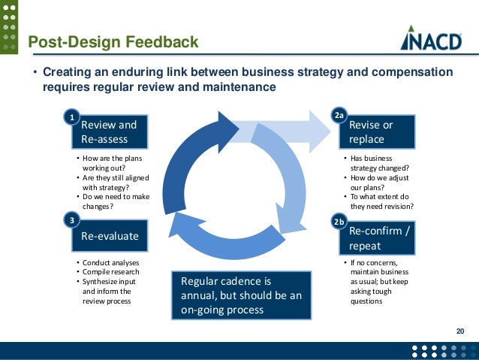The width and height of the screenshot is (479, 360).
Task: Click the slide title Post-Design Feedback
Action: pos(113,42)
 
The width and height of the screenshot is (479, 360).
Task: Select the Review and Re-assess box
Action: pos(109,132)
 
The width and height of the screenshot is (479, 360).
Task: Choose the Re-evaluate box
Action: pos(109,235)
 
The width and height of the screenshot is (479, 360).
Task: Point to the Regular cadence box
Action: pos(240,295)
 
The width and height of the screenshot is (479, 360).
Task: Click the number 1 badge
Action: pos(71,117)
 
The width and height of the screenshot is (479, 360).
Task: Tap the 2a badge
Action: pos(339,116)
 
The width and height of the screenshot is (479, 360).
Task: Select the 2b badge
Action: pos(339,222)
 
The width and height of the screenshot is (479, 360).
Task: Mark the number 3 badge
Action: pos(71,220)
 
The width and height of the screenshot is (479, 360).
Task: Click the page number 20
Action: pos(460,331)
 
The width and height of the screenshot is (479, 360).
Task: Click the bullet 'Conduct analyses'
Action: pos(109,262)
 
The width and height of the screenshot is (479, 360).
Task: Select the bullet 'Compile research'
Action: pos(110,271)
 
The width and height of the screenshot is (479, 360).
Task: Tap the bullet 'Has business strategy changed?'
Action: pos(379,164)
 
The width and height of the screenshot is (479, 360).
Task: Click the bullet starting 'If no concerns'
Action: pos(379,281)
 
